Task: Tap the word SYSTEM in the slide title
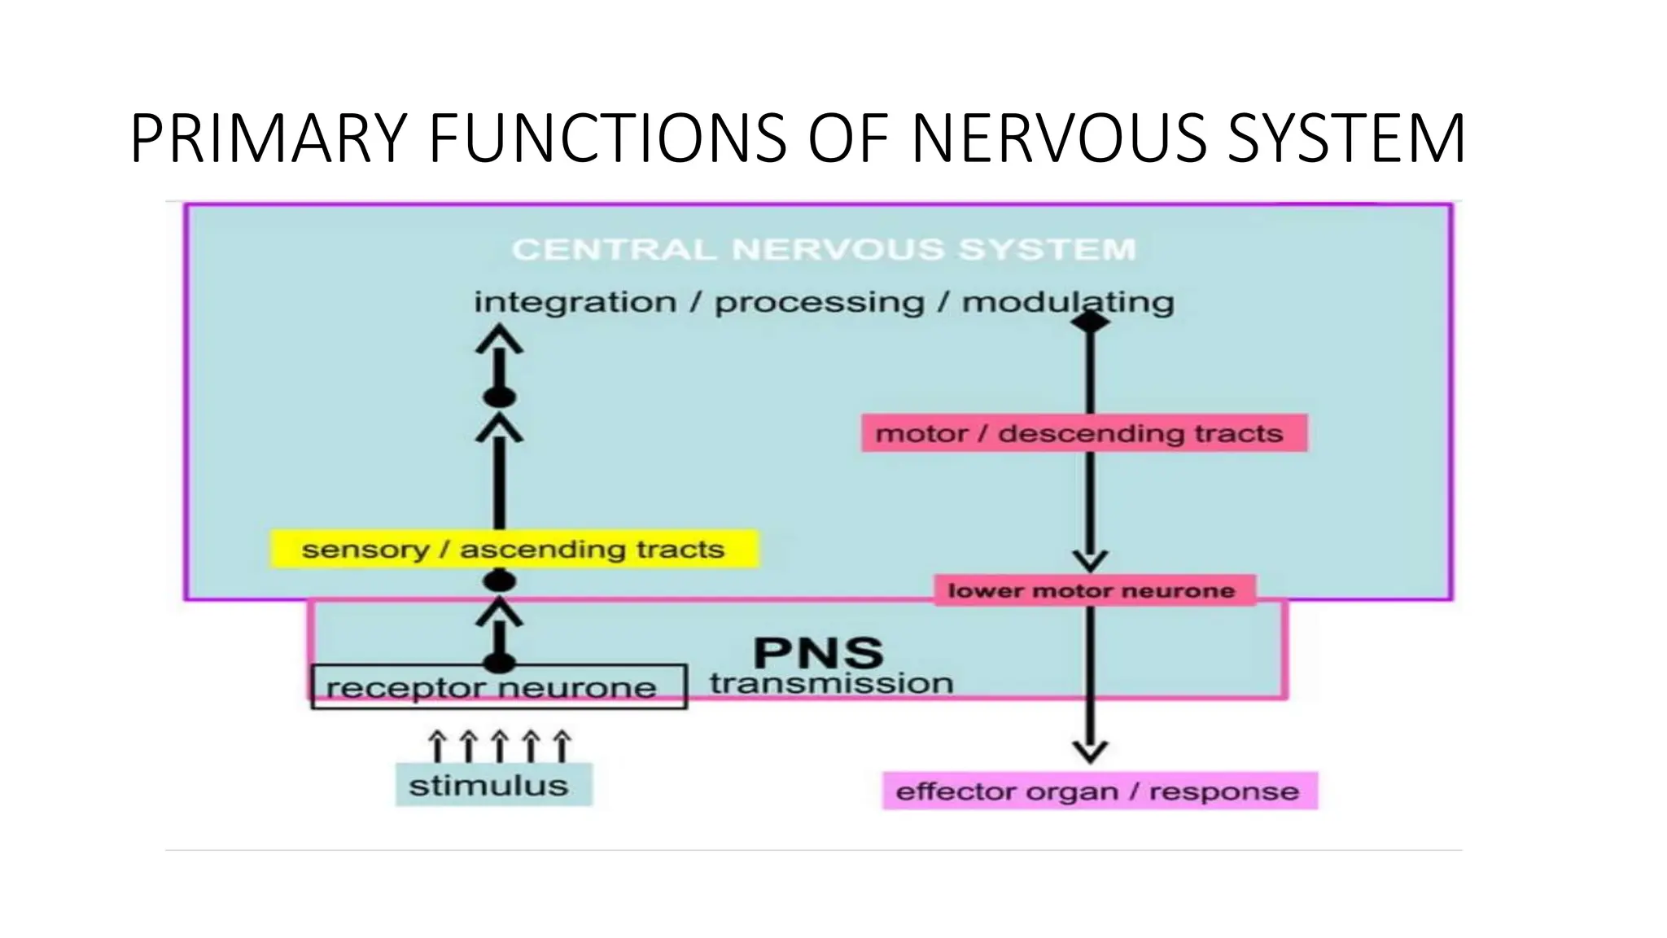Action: coord(1346,138)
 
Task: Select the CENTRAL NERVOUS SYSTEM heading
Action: coord(824,249)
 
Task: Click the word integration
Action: coord(575,302)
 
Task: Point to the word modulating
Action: coord(1068,302)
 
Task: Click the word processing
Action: coord(819,302)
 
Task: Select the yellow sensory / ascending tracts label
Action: coord(514,550)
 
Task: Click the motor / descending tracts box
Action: coord(1084,433)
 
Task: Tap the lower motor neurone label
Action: coord(1091,590)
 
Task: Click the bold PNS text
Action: coord(818,653)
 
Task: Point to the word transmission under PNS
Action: coord(831,683)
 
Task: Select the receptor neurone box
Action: coord(498,687)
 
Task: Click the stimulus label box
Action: coord(493,786)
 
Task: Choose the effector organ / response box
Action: coord(1099,791)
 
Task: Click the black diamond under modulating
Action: coord(1090,322)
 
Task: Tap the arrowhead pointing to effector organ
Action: coord(1090,752)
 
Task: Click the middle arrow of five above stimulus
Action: coord(499,745)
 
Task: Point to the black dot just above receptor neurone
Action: coord(499,662)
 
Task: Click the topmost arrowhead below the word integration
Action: coord(499,338)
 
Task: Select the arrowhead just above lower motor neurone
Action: coord(1090,560)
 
